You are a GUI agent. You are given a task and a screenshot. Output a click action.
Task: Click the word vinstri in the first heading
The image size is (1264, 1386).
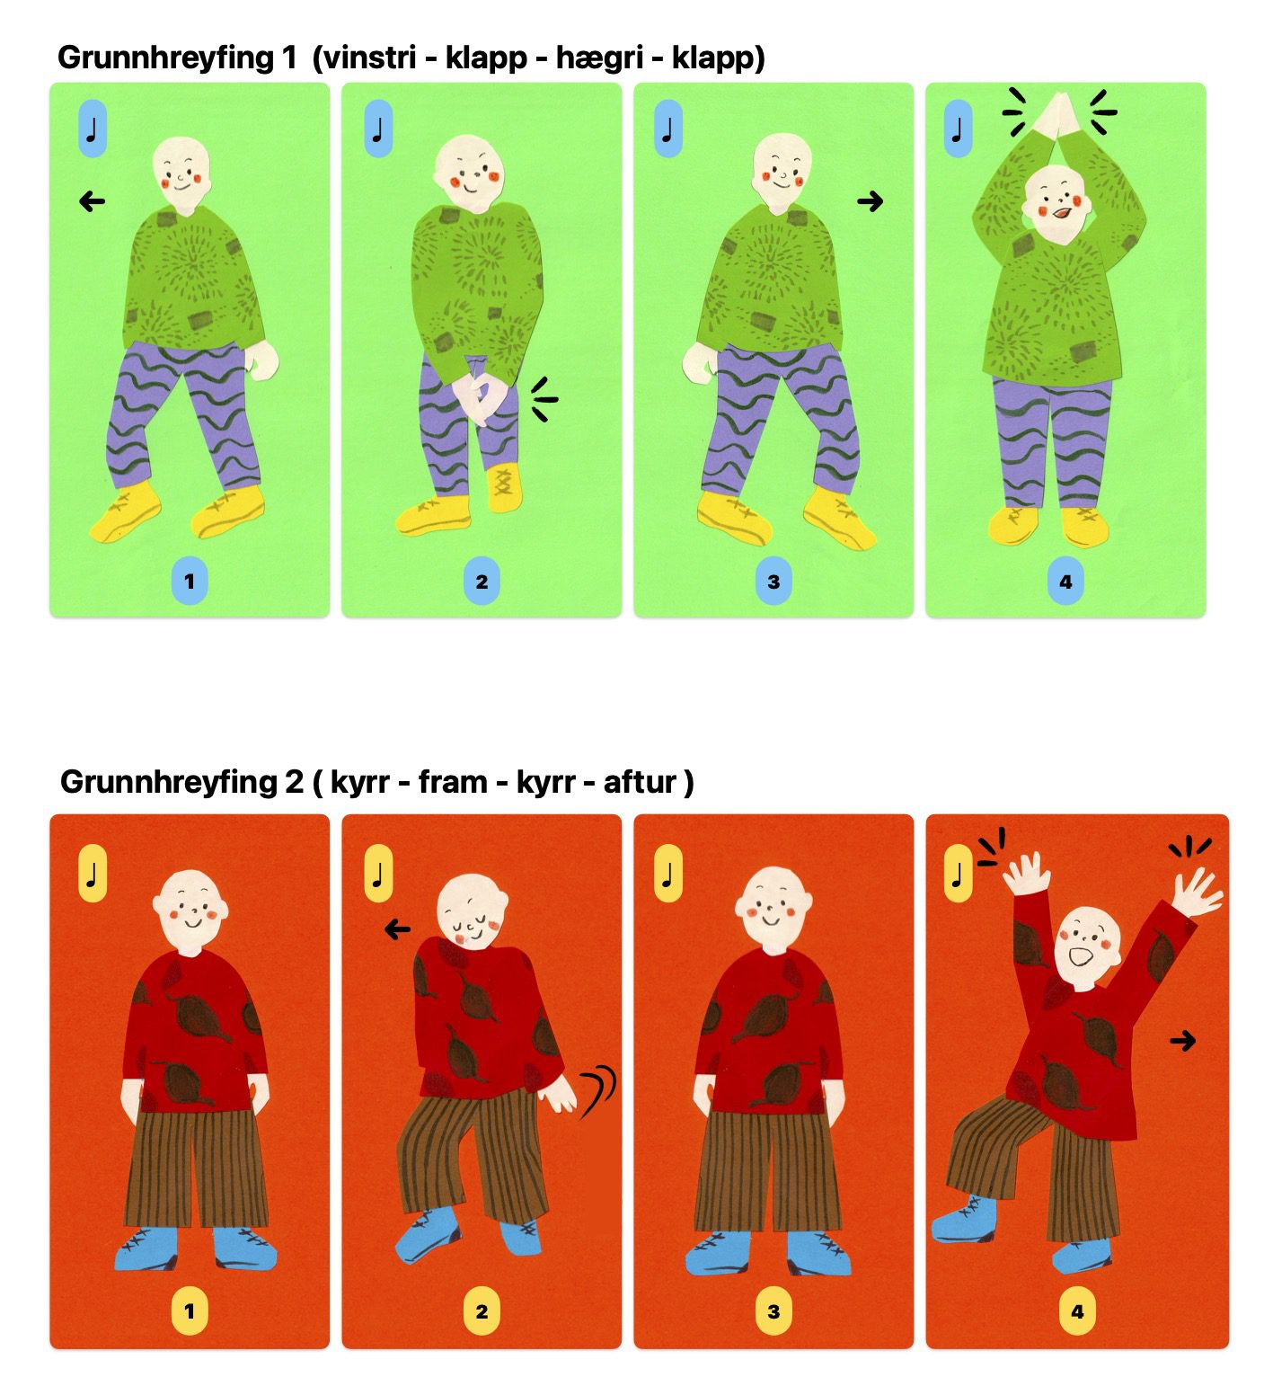pyautogui.click(x=368, y=58)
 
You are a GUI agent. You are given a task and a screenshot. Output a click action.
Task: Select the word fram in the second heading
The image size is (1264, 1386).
pyautogui.click(x=453, y=782)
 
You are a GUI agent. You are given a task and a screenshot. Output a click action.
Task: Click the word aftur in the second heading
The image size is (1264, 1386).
pyautogui.click(x=640, y=782)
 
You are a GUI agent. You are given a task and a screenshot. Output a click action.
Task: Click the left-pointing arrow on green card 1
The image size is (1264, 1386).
pyautogui.click(x=93, y=201)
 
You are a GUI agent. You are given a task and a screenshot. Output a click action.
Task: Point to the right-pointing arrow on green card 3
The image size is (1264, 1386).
pyautogui.click(x=870, y=201)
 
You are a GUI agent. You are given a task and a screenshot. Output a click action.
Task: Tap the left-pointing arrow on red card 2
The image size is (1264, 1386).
pyautogui.click(x=397, y=929)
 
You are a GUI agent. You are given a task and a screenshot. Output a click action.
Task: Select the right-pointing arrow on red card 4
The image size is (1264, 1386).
pyautogui.click(x=1183, y=1041)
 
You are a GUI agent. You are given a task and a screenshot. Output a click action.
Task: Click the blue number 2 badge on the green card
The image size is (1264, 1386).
pyautogui.click(x=482, y=581)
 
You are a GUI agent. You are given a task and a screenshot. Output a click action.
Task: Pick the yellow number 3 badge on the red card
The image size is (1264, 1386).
pyautogui.click(x=773, y=1311)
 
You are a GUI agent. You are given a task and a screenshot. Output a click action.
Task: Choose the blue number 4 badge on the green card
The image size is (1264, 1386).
pyautogui.click(x=1065, y=581)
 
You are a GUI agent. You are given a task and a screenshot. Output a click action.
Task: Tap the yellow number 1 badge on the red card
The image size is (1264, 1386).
pyautogui.click(x=190, y=1311)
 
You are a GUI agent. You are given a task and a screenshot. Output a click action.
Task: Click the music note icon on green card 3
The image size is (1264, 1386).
pyautogui.click(x=667, y=129)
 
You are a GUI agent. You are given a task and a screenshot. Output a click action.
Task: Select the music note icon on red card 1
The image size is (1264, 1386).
pyautogui.click(x=93, y=873)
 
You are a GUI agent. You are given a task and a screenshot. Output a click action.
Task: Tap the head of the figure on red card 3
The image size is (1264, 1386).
pyautogui.click(x=773, y=908)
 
